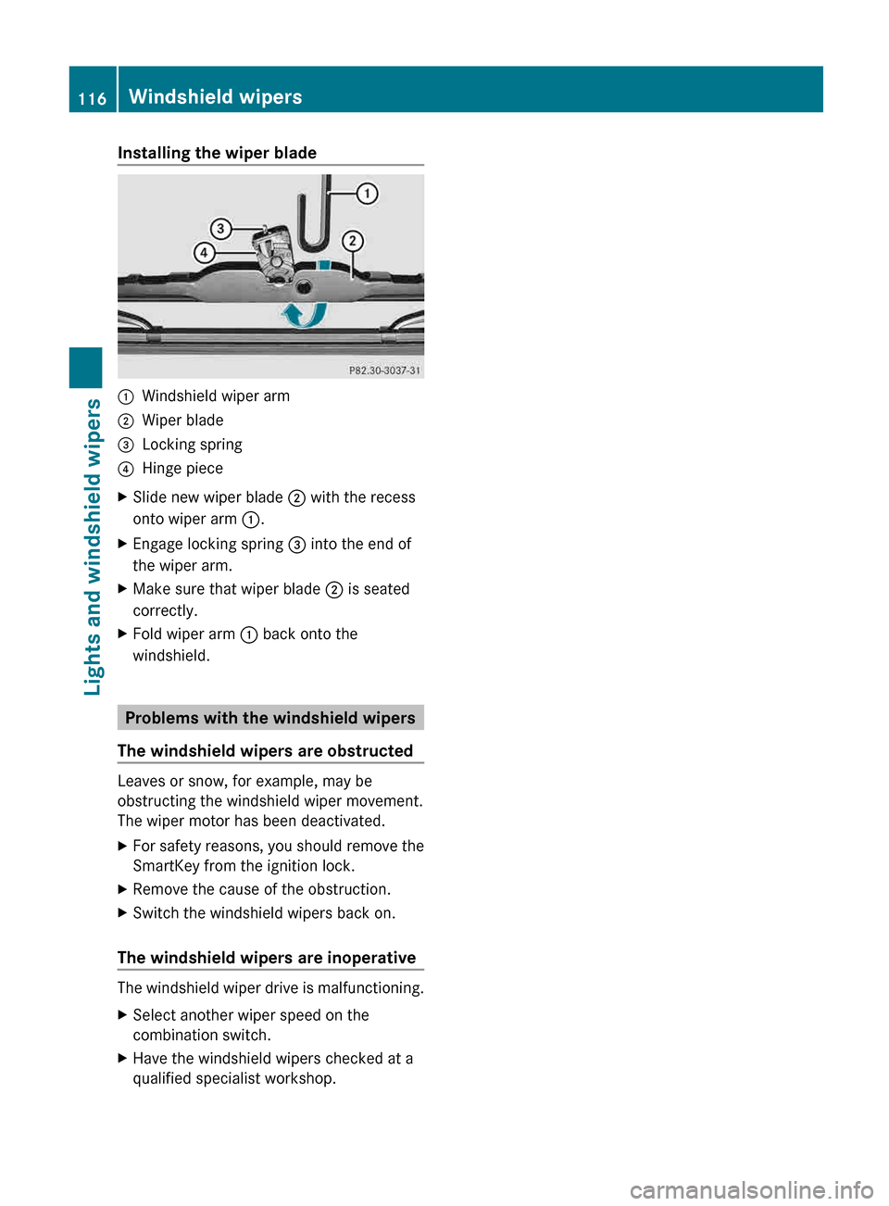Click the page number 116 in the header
point(92,98)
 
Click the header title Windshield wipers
point(215,97)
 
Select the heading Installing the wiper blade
point(217,153)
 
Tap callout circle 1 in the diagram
point(368,194)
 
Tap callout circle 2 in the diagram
point(352,241)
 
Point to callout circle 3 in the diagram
point(220,229)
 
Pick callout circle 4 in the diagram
point(204,253)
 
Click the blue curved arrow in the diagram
point(304,316)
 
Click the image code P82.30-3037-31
point(384,371)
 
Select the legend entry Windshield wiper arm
point(215,396)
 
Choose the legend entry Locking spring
point(192,445)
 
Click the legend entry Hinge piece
point(182,469)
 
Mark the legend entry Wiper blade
point(182,421)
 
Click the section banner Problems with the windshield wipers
point(270,718)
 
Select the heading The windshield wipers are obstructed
point(265,751)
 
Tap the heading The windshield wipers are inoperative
point(267,958)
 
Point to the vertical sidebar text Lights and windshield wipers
point(92,546)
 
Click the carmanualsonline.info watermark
point(751,1189)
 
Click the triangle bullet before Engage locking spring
point(123,545)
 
